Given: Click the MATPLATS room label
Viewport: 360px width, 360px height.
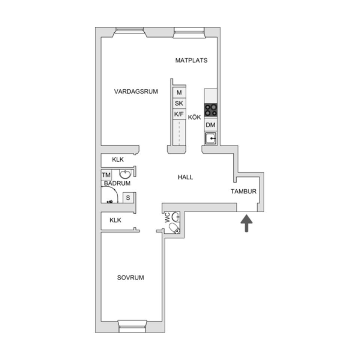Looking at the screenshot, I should [x=191, y=60].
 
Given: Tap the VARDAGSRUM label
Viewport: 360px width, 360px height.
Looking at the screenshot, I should [x=136, y=91].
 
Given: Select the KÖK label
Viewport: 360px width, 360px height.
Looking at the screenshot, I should [x=195, y=117].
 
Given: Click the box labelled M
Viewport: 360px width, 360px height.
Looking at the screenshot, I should [x=179, y=92].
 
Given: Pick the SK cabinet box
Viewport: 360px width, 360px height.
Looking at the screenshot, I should [x=179, y=103].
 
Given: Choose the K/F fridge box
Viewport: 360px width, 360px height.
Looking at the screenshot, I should [x=179, y=114].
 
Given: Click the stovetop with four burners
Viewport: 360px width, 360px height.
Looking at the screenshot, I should [x=211, y=109].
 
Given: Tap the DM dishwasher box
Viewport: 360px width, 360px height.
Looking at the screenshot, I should [x=211, y=125].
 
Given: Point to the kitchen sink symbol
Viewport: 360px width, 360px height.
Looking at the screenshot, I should [x=211, y=138].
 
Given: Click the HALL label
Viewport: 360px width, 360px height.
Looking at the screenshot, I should [x=185, y=177].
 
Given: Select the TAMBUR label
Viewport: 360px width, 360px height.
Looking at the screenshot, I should [x=243, y=191].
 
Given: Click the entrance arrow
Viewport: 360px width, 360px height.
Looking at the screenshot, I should [x=246, y=223].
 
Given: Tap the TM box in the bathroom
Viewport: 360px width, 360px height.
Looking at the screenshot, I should [x=106, y=175].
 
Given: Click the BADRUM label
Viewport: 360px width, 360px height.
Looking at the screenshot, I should [x=117, y=183].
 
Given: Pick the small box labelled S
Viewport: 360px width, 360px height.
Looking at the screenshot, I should [x=128, y=197].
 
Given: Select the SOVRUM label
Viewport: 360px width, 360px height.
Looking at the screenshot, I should [x=130, y=278].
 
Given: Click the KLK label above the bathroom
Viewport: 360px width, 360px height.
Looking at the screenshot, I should [x=118, y=160].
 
